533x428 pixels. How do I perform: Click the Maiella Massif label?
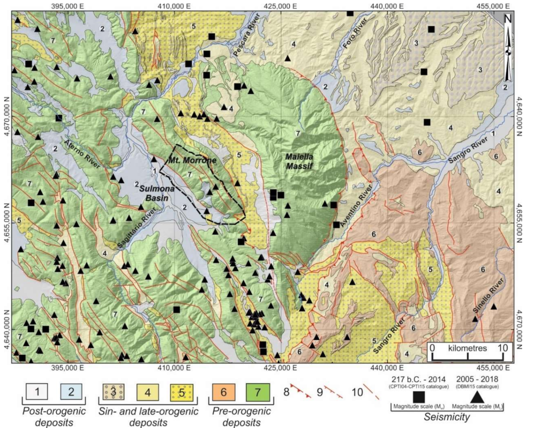[299, 161]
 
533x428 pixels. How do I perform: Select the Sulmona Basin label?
[157, 194]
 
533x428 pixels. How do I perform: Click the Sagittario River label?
[137, 228]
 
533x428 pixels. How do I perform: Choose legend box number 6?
[224, 392]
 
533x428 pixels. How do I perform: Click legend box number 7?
[257, 392]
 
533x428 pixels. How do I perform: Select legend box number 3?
[113, 392]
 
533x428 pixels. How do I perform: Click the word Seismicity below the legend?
[447, 417]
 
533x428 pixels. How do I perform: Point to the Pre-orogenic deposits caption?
[241, 417]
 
